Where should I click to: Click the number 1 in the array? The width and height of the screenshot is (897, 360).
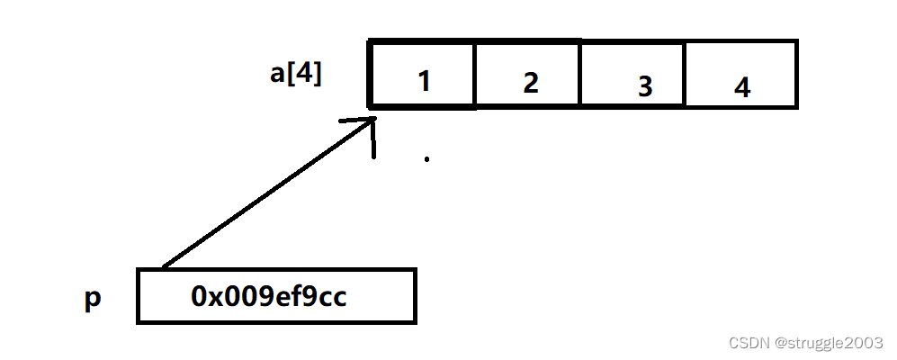(x=424, y=83)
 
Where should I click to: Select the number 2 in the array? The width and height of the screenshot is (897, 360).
(x=530, y=83)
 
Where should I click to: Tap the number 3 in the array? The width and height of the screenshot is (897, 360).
(x=644, y=86)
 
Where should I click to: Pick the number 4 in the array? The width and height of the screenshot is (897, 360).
(x=741, y=88)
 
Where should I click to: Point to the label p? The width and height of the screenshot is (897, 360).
(x=93, y=299)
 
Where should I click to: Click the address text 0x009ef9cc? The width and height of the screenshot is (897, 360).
(x=268, y=296)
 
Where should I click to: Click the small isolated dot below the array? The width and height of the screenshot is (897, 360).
(x=426, y=160)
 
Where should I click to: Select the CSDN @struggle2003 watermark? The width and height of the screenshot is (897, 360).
(x=806, y=343)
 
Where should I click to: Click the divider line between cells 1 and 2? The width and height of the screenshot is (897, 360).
(x=475, y=74)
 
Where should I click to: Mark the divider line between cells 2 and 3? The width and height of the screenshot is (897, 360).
(x=580, y=74)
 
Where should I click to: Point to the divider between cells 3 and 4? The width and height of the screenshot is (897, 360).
(x=686, y=74)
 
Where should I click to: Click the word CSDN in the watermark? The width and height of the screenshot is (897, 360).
(x=747, y=343)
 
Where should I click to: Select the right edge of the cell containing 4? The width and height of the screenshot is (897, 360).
(x=796, y=74)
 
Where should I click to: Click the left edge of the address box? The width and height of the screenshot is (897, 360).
(x=139, y=295)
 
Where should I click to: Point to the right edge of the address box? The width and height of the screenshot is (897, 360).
(x=415, y=295)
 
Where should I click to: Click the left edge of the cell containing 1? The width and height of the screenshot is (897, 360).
(x=371, y=74)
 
